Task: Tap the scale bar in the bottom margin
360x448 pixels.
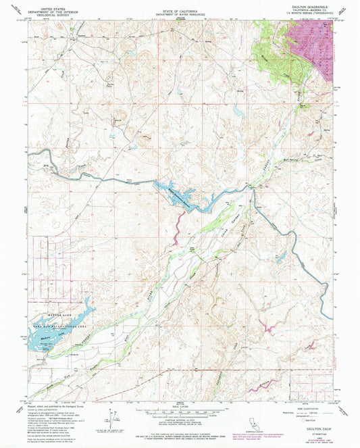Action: pyautogui.click(x=180, y=408)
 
